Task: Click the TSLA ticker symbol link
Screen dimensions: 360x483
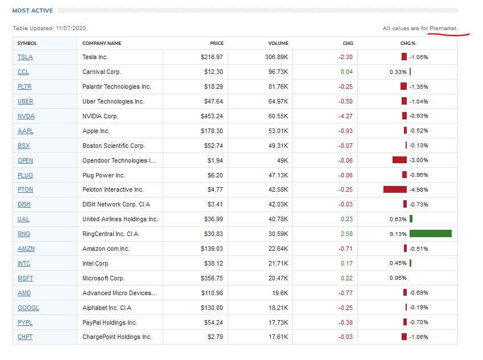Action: point(25,57)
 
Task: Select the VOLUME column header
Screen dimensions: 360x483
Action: point(278,43)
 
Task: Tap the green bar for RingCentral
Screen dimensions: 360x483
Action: point(430,234)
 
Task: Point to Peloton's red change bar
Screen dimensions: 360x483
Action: point(395,189)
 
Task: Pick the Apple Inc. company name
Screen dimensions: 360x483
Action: point(95,131)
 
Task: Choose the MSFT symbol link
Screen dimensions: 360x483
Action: point(25,278)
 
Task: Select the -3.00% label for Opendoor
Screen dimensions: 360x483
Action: point(419,160)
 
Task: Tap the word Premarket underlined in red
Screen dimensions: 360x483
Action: point(443,28)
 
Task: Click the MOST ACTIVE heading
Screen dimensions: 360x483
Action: point(32,11)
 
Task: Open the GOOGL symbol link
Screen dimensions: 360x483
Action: point(28,308)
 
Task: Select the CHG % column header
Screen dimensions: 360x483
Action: point(408,43)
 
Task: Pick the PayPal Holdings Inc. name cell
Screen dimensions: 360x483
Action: point(110,322)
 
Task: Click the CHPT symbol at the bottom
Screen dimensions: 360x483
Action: point(25,337)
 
